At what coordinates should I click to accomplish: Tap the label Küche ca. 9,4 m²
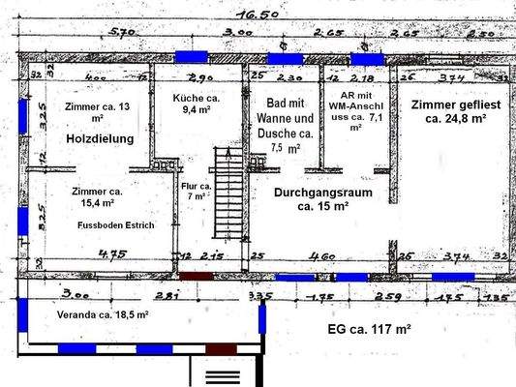point(197,104)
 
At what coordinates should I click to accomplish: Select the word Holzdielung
point(100,139)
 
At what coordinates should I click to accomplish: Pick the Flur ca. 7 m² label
point(196,190)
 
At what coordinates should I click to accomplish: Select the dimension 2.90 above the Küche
point(199,76)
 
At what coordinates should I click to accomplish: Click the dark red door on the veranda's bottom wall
point(222,348)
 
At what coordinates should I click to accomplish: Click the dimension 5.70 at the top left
point(121,34)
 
